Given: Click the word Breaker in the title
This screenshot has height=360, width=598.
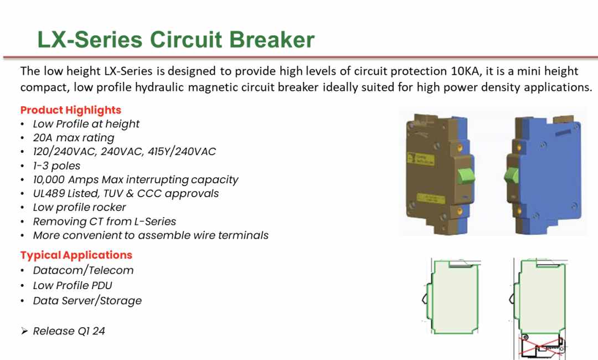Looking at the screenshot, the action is (272, 39).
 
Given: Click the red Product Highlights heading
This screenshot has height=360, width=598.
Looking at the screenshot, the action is (70, 110).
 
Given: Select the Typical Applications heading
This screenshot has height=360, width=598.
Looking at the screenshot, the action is (76, 255).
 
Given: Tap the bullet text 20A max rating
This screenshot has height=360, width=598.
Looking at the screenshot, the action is (74, 138).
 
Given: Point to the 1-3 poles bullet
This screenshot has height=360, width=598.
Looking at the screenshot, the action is (56, 166).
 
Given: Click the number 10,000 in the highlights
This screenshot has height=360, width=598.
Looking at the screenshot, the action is (49, 179).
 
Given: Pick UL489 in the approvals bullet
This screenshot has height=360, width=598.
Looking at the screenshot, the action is (49, 193).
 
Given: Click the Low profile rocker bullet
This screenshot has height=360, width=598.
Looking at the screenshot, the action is (79, 207).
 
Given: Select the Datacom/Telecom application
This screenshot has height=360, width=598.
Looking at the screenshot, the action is (83, 270).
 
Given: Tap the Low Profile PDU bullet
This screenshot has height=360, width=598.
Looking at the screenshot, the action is (73, 285).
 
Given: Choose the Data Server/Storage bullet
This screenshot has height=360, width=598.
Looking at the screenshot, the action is (87, 301).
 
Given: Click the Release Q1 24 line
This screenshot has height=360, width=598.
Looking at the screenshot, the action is (69, 331).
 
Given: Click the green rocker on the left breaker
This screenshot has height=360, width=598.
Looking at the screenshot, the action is (466, 176).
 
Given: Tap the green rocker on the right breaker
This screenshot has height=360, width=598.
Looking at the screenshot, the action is (512, 176).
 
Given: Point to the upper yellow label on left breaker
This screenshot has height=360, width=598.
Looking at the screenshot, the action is (421, 159).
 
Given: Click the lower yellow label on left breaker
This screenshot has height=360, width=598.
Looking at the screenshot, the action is (431, 198).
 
